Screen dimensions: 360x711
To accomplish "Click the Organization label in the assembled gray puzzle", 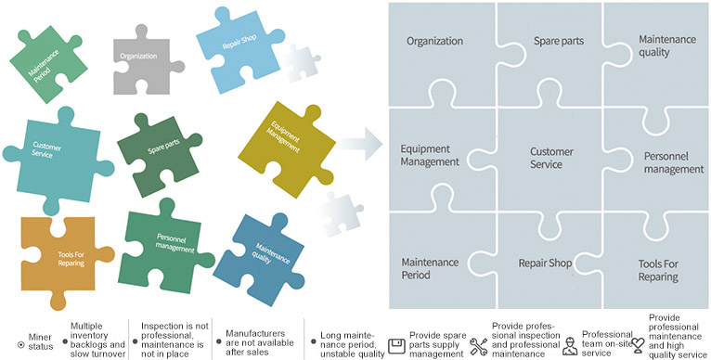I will (x=433, y=42).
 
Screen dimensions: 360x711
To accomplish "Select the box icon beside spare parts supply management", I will (x=394, y=345).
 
